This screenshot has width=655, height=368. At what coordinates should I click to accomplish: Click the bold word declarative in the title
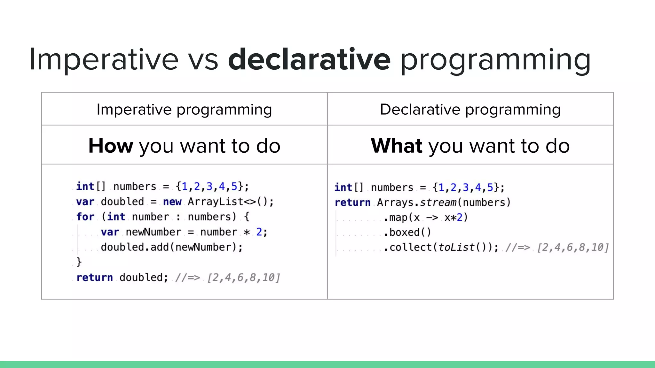click(x=309, y=59)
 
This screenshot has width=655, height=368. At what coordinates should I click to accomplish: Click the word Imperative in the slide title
click(x=103, y=59)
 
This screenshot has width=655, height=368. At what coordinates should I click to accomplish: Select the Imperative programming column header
click(x=184, y=110)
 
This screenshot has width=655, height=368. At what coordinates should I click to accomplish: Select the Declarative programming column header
click(x=470, y=110)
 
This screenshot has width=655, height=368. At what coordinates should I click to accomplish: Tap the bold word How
click(x=111, y=146)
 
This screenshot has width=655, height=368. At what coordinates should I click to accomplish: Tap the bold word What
click(x=397, y=146)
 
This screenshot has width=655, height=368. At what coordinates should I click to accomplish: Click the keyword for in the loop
click(x=85, y=217)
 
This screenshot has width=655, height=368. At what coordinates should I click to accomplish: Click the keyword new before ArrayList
click(x=172, y=202)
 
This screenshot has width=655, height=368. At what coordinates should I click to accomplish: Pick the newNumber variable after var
click(x=153, y=232)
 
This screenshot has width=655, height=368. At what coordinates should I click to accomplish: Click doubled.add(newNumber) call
click(x=172, y=247)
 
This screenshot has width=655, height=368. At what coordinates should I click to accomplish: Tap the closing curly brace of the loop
click(x=79, y=262)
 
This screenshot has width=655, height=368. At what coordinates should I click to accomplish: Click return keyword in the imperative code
click(x=94, y=277)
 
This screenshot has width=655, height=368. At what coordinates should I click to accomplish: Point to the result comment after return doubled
click(x=227, y=277)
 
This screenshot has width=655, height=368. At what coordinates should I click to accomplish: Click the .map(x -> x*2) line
click(x=425, y=218)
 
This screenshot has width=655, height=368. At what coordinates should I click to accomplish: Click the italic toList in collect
click(x=456, y=247)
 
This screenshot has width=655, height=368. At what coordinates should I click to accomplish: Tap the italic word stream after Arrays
click(x=438, y=203)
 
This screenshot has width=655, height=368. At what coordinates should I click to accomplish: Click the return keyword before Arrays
click(x=352, y=203)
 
